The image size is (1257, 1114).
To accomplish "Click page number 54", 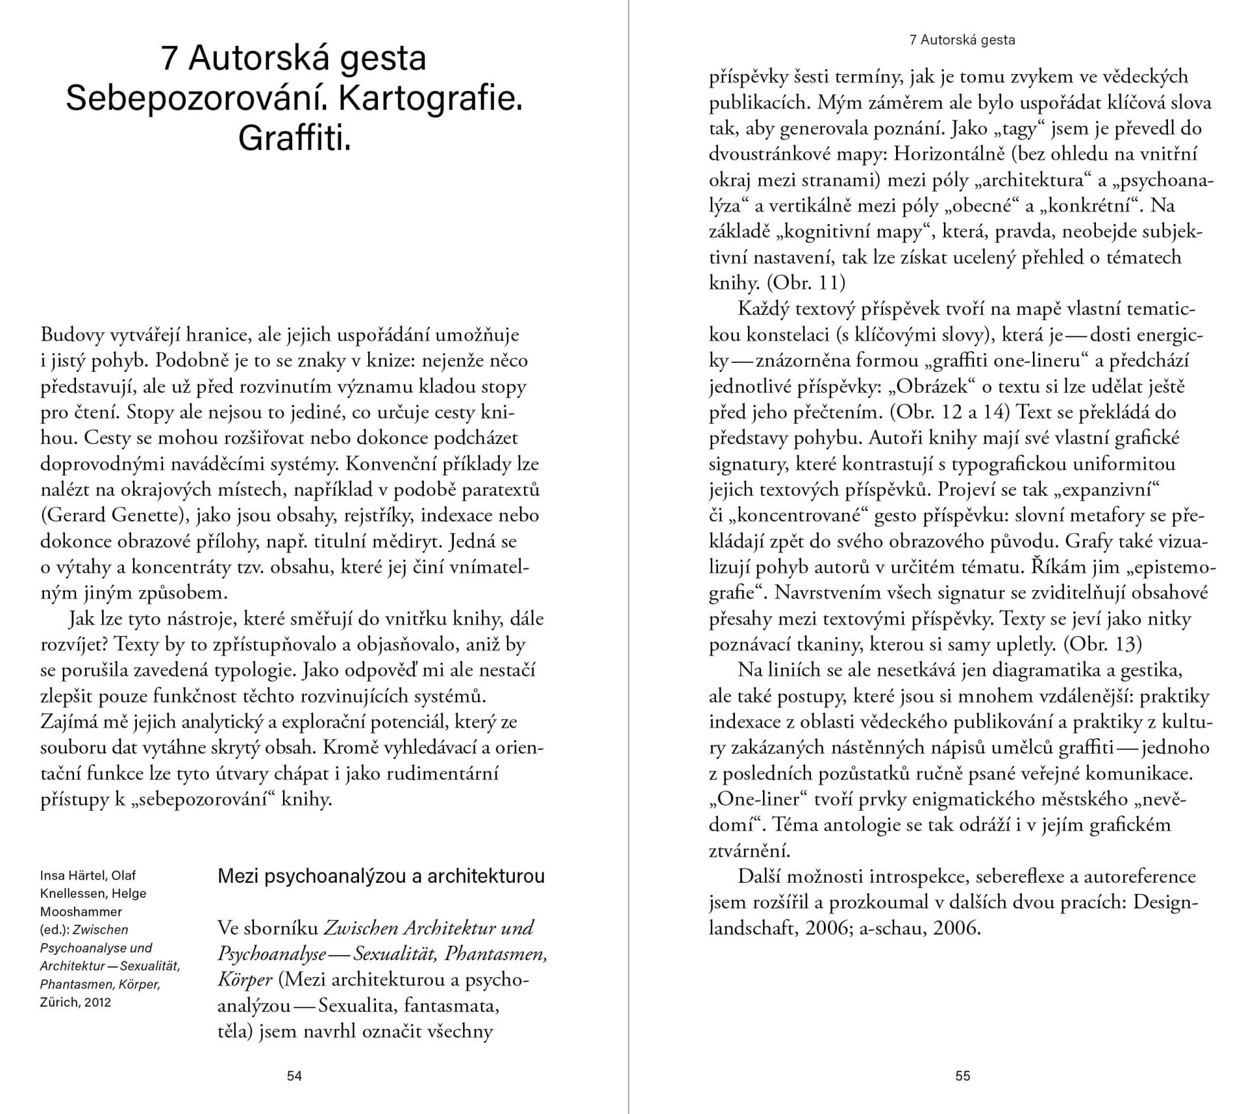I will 294,1075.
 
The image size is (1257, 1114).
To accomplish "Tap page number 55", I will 962,1075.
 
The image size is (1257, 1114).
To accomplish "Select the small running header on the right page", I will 962,40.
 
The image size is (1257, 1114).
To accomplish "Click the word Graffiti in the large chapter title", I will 294,138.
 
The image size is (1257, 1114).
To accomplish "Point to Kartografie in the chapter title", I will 431,98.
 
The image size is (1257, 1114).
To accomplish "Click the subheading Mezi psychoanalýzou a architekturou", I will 381,876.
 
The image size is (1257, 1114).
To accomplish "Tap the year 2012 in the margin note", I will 98,1002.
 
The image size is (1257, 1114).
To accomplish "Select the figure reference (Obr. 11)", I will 806,283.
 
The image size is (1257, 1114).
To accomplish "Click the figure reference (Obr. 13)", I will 1102,644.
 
